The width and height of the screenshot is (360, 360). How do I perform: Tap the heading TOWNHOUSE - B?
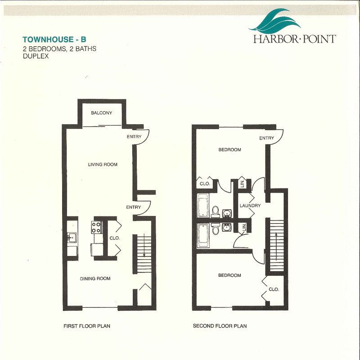[54, 40]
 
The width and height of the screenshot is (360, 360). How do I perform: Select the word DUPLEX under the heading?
[36, 56]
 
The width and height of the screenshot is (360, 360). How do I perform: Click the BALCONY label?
[102, 113]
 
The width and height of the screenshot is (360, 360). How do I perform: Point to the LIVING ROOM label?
[103, 164]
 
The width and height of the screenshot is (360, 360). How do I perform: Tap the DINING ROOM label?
[95, 279]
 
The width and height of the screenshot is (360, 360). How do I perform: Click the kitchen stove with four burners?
[97, 227]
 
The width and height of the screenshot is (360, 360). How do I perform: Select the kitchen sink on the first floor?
[72, 238]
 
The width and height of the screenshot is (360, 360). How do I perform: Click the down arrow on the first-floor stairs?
[144, 245]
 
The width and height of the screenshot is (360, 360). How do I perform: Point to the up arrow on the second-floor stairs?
[276, 247]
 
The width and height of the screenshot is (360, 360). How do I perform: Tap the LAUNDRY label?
[250, 206]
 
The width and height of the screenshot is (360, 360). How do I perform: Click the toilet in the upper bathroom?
[216, 211]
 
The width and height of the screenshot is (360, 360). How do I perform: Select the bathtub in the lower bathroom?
[203, 235]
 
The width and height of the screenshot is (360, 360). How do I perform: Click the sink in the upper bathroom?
[227, 213]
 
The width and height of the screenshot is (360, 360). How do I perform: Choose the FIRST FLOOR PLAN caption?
[87, 326]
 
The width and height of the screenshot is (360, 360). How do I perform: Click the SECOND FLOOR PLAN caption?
[220, 326]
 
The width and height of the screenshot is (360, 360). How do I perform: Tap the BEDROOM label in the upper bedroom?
[229, 150]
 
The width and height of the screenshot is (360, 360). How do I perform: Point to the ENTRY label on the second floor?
[266, 138]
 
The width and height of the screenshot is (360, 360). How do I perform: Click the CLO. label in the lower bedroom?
[274, 289]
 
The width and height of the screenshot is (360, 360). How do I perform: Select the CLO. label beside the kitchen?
[115, 238]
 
